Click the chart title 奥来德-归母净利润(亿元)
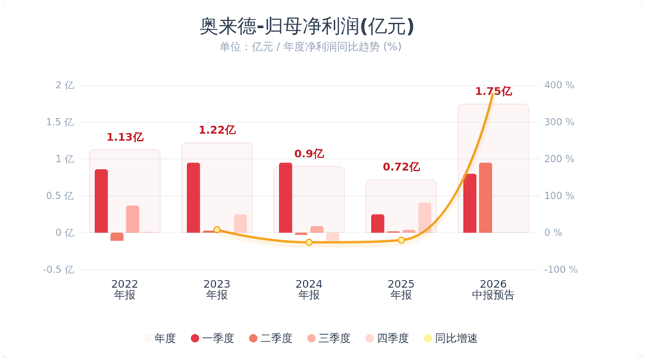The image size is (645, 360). pyautogui.click(x=307, y=26)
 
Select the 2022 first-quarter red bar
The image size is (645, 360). pyautogui.click(x=101, y=201)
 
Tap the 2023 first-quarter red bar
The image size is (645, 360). pyautogui.click(x=193, y=198)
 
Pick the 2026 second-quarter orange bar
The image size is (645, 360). pyautogui.click(x=485, y=198)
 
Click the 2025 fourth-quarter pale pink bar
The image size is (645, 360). pyautogui.click(x=425, y=217)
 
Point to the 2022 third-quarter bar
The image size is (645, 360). pyautogui.click(x=132, y=219)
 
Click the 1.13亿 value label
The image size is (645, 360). pyautogui.click(x=125, y=137)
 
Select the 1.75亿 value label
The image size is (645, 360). pyautogui.click(x=494, y=91)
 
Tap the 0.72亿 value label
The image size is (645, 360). pyautogui.click(x=402, y=167)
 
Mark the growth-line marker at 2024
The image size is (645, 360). pyautogui.click(x=309, y=242)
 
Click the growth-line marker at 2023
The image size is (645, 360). pyautogui.click(x=217, y=229)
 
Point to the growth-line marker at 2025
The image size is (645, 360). pyautogui.click(x=401, y=240)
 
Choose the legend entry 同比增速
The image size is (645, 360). pyautogui.click(x=451, y=338)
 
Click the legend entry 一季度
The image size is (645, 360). pyautogui.click(x=212, y=338)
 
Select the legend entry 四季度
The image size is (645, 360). pyautogui.click(x=387, y=338)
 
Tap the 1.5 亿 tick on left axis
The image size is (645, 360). pyautogui.click(x=60, y=122)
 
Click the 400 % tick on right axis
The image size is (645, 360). pyautogui.click(x=559, y=85)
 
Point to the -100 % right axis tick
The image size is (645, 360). pyautogui.click(x=561, y=269)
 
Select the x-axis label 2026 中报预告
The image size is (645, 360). pyautogui.click(x=493, y=289)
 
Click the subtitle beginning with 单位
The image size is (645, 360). pyautogui.click(x=310, y=47)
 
